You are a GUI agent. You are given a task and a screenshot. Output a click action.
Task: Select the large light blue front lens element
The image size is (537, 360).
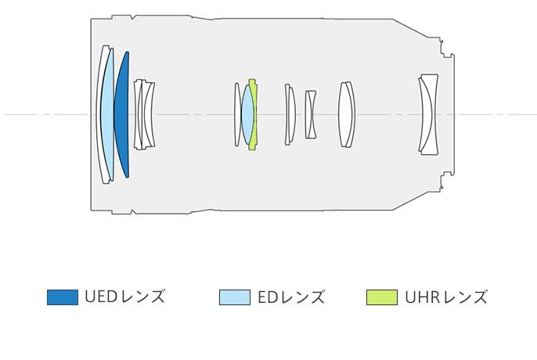tap(107, 115)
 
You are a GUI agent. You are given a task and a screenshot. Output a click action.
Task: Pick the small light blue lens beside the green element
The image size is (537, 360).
tap(247, 114)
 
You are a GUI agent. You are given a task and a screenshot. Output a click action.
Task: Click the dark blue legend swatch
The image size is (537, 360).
tap(63, 297)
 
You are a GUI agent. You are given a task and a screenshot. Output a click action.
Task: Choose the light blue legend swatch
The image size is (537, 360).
tap(235, 297)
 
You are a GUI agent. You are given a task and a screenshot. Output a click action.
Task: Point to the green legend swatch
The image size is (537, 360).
tap(382, 297)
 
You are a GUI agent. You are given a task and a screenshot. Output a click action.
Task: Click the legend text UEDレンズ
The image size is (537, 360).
tap(125, 297)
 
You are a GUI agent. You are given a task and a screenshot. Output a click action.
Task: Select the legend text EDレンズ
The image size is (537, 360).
tap(291, 297)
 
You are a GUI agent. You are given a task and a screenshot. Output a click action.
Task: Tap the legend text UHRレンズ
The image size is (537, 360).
tap(446, 297)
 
